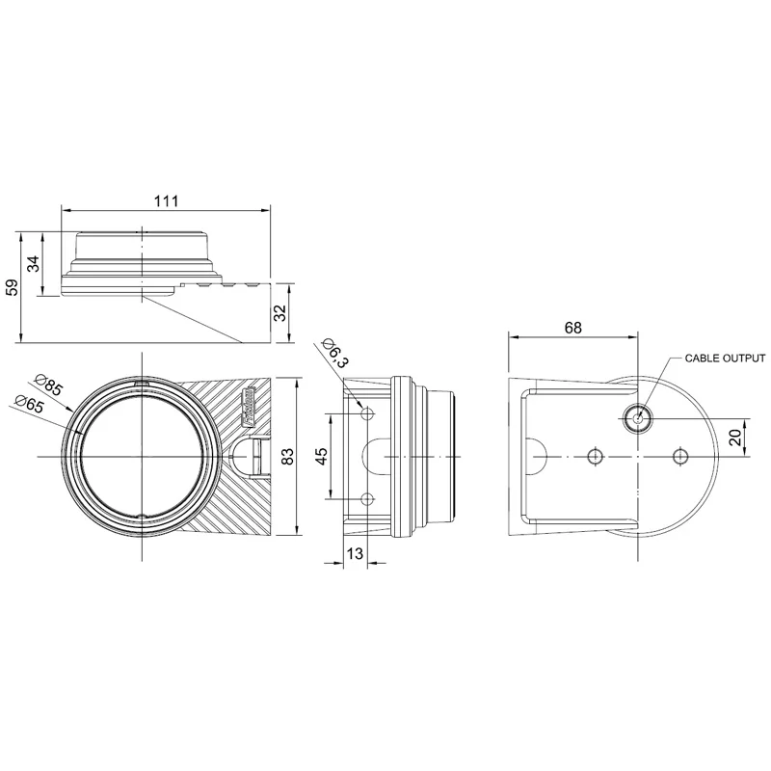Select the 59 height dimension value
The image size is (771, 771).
[x=12, y=287]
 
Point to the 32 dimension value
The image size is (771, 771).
[x=280, y=313]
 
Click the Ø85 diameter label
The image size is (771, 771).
[x=48, y=385]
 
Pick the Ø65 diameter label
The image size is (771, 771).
[x=30, y=403]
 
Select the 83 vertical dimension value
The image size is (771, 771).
[x=286, y=456]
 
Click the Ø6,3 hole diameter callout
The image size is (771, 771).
[x=334, y=354]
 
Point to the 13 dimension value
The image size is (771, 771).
[x=355, y=552]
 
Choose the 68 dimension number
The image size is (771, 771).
[x=572, y=328]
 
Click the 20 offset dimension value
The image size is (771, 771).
[x=736, y=436]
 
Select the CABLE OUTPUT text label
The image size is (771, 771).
[x=725, y=358]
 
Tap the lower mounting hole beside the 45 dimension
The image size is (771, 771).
[x=366, y=498]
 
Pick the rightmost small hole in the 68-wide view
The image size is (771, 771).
[x=681, y=455]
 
